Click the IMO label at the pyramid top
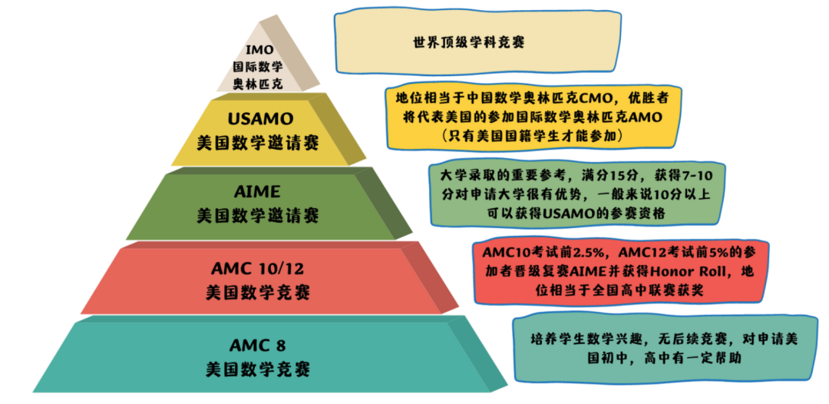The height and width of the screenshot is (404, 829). (259, 50)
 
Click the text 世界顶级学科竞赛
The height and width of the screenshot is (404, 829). (469, 43)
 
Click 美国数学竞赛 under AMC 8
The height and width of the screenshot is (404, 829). (257, 369)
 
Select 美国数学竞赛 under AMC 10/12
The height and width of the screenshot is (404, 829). (257, 293)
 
